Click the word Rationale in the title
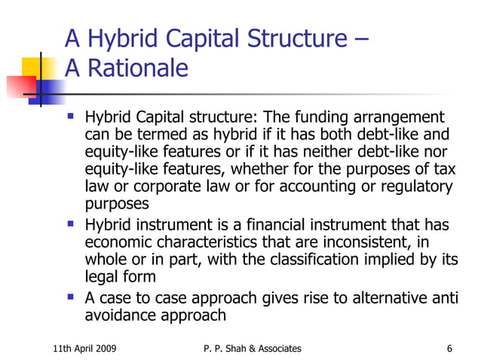click(x=136, y=69)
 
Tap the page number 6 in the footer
click(x=449, y=348)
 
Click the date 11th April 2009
click(x=84, y=348)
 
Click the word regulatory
click(x=418, y=187)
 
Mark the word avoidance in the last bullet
click(x=118, y=316)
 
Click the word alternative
click(x=380, y=299)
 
